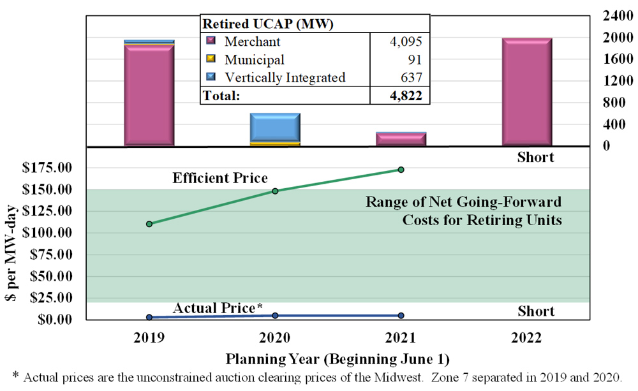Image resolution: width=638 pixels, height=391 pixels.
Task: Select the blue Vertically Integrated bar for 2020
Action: [x=275, y=128]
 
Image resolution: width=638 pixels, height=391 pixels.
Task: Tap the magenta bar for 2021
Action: [x=401, y=139]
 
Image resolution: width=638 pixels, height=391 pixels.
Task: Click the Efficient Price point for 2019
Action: [x=149, y=224]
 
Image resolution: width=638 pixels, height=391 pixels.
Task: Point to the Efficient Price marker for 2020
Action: [x=276, y=191]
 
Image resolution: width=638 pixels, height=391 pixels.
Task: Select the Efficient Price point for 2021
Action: [x=401, y=170]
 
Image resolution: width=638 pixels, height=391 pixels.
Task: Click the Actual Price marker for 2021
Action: [x=401, y=316]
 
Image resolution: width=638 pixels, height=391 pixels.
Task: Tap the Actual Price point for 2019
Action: [x=149, y=317]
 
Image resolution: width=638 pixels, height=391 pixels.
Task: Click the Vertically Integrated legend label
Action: [x=285, y=78]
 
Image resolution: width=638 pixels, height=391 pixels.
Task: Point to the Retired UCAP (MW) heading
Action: [x=269, y=24]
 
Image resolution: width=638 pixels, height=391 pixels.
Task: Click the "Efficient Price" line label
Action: [x=220, y=178]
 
